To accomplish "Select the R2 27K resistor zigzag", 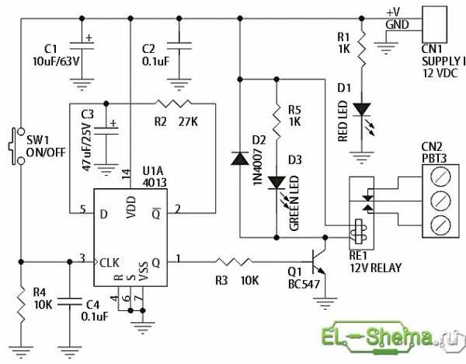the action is (x=173, y=103).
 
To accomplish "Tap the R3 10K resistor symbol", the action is (x=235, y=262).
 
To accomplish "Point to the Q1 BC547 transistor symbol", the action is (x=318, y=262).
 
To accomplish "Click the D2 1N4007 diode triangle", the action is (x=240, y=158).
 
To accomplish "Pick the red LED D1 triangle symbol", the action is (x=361, y=109).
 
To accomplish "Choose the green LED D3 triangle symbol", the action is (x=276, y=183).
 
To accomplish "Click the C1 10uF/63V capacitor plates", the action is (x=82, y=46).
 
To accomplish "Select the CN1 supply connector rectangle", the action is (x=434, y=24).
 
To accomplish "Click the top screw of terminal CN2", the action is (x=440, y=177).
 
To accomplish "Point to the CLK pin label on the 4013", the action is (x=110, y=263).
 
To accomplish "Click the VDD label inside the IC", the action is (x=131, y=207).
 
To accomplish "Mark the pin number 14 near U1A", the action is (x=126, y=174).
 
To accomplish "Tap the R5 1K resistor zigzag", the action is (x=276, y=122).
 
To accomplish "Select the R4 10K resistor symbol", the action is (x=21, y=304).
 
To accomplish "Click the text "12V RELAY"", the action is (x=376, y=268).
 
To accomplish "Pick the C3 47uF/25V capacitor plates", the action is (x=106, y=131).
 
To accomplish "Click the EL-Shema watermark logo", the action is (x=393, y=338).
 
